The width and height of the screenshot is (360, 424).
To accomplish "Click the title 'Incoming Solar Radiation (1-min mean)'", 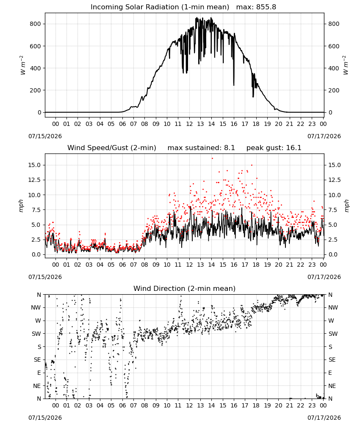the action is coord(160,7).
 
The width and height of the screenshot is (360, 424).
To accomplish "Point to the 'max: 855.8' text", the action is coord(256,7).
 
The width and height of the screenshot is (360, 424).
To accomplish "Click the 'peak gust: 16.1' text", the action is coord(274,148).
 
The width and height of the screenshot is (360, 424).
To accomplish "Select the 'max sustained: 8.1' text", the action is coord(201,148).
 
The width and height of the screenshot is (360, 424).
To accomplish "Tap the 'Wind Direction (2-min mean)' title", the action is coord(185,288).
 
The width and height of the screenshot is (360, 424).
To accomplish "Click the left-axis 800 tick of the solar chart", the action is coord(36,24).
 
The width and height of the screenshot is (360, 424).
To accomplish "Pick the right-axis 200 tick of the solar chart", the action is coord(334,90).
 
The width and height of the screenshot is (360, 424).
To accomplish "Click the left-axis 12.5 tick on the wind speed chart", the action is coord(35,180).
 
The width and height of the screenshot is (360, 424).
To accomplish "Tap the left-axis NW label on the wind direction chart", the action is coord(36,307).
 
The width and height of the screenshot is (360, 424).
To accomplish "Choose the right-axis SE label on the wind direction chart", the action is coord(332,360).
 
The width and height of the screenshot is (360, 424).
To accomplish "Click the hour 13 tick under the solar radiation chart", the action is coord(200,124).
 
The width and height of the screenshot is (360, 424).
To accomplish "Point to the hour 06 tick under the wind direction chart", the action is coord(122,405).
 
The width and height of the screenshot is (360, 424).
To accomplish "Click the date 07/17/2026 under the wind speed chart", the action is coord(324,277).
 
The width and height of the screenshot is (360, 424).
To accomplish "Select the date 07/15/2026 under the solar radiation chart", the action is coord(45,136).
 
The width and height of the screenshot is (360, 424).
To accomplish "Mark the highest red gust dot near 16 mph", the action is coord(212,158).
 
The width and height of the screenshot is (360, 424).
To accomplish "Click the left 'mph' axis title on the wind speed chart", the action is coord(21,206).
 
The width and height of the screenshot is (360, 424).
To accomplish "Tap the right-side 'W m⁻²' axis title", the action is coord(346,65).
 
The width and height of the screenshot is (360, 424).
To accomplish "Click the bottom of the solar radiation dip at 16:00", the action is coord(234,86).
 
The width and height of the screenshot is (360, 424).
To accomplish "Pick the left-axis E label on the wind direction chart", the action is coord(39,373).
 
